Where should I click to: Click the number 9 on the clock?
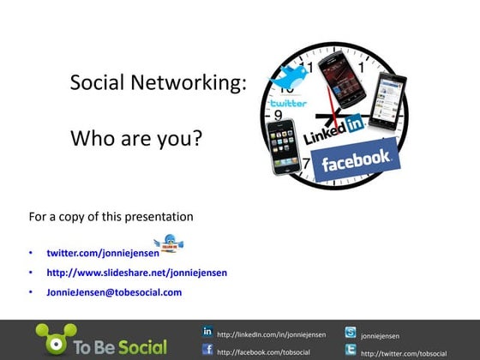[x=278, y=114]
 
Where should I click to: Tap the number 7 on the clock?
[x=306, y=164]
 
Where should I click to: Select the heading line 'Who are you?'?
[x=135, y=137]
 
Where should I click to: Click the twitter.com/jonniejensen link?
[x=103, y=254]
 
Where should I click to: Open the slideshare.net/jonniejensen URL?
[x=136, y=273]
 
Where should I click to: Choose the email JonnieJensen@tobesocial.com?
[x=114, y=292]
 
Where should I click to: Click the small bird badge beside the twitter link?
[x=170, y=244]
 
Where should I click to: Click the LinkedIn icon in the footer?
[x=207, y=331]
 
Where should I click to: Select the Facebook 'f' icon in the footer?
[x=207, y=349]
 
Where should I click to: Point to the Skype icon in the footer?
[x=351, y=333]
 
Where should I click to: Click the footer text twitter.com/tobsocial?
[x=404, y=353]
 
